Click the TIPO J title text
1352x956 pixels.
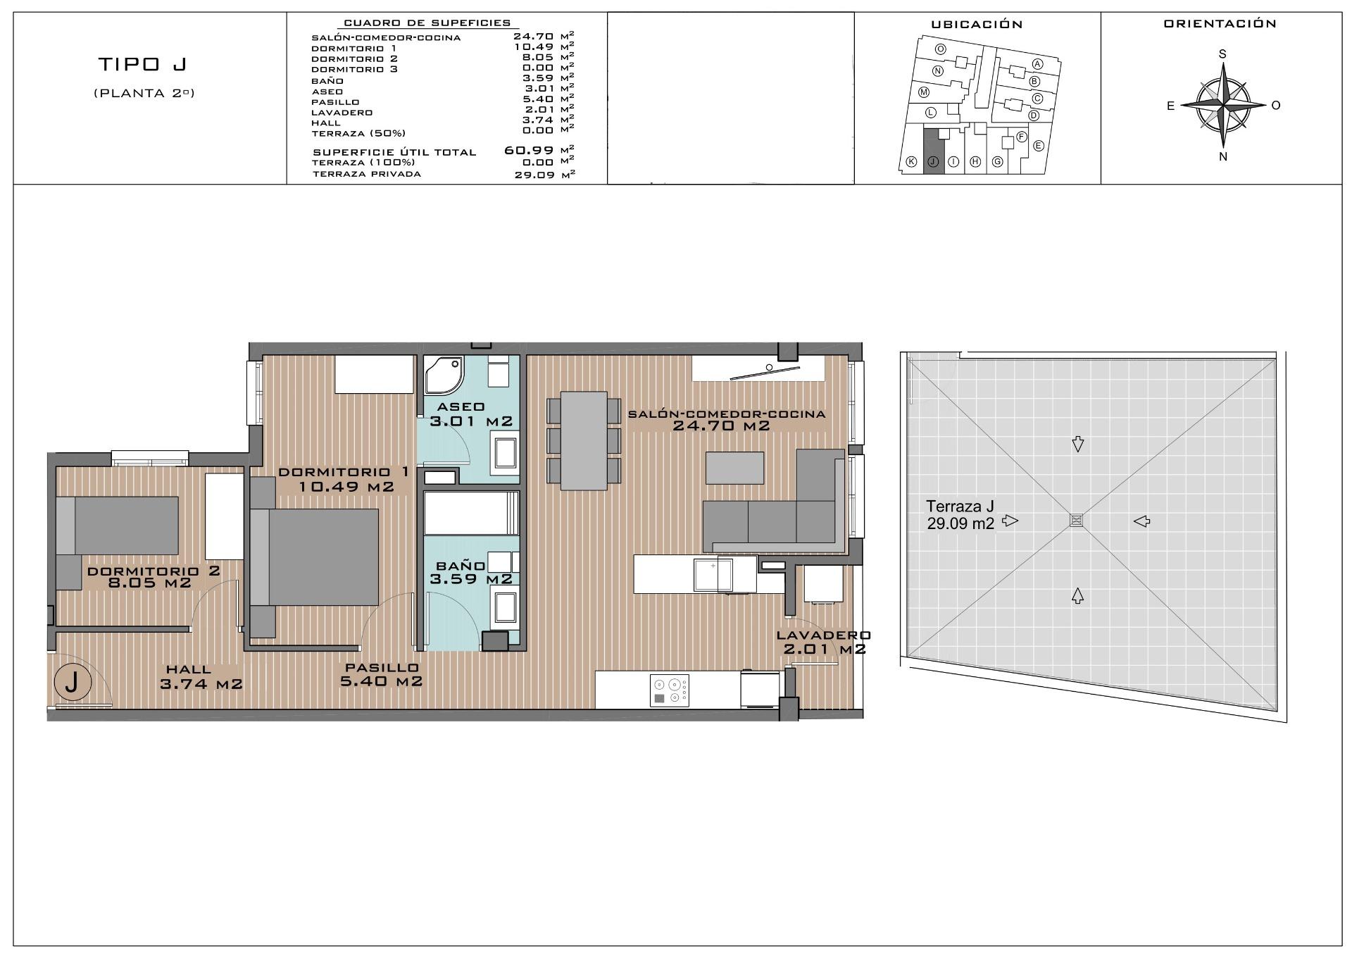click(142, 65)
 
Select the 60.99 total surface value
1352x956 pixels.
click(529, 150)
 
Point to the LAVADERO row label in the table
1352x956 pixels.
click(342, 113)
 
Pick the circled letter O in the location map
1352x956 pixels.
click(940, 49)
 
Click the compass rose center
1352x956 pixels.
click(1223, 106)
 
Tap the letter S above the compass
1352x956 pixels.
click(1223, 54)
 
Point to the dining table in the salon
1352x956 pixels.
click(584, 441)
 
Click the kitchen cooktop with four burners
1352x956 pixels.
click(669, 689)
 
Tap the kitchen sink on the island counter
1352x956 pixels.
click(713, 574)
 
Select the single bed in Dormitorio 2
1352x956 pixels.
click(117, 526)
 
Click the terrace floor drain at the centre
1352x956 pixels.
click(1076, 520)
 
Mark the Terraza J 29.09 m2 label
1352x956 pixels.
click(960, 514)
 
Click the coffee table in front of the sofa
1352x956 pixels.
click(734, 468)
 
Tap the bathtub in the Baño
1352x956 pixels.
click(471, 513)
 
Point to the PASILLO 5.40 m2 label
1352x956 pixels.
click(382, 674)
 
